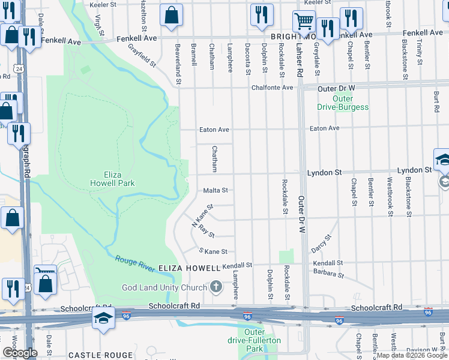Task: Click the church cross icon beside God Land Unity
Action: (217, 287)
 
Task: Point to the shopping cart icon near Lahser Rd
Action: (304, 22)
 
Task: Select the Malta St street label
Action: (215, 190)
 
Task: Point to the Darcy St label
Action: (321, 244)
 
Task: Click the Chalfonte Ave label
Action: (272, 88)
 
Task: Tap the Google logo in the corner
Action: (19, 353)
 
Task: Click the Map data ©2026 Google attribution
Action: (412, 355)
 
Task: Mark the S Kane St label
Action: (213, 251)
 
